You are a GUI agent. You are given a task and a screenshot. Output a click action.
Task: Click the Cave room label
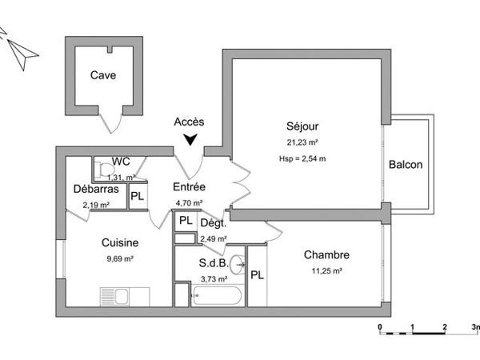[x=102, y=76]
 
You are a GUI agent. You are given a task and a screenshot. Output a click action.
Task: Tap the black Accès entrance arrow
[x=190, y=141]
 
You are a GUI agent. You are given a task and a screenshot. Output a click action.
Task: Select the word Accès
[x=190, y=122]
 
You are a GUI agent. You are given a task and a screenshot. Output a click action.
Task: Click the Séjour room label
[x=303, y=126]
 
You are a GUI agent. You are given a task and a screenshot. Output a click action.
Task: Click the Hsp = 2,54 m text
[x=303, y=158]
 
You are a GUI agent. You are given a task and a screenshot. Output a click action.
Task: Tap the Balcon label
[x=406, y=165]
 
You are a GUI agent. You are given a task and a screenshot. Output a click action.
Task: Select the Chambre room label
[x=326, y=255]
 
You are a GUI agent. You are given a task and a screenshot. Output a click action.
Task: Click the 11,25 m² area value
[x=326, y=270]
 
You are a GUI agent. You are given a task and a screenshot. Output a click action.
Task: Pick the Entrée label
[x=190, y=187]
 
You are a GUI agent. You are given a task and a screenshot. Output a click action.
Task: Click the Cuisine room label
[x=120, y=243]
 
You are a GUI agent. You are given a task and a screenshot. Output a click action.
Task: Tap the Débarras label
[x=96, y=190]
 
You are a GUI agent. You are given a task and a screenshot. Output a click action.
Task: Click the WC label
[x=121, y=161]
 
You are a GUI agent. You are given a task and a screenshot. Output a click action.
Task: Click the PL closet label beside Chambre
[x=258, y=275]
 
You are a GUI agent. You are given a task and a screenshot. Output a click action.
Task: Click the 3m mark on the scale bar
[x=475, y=328]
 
